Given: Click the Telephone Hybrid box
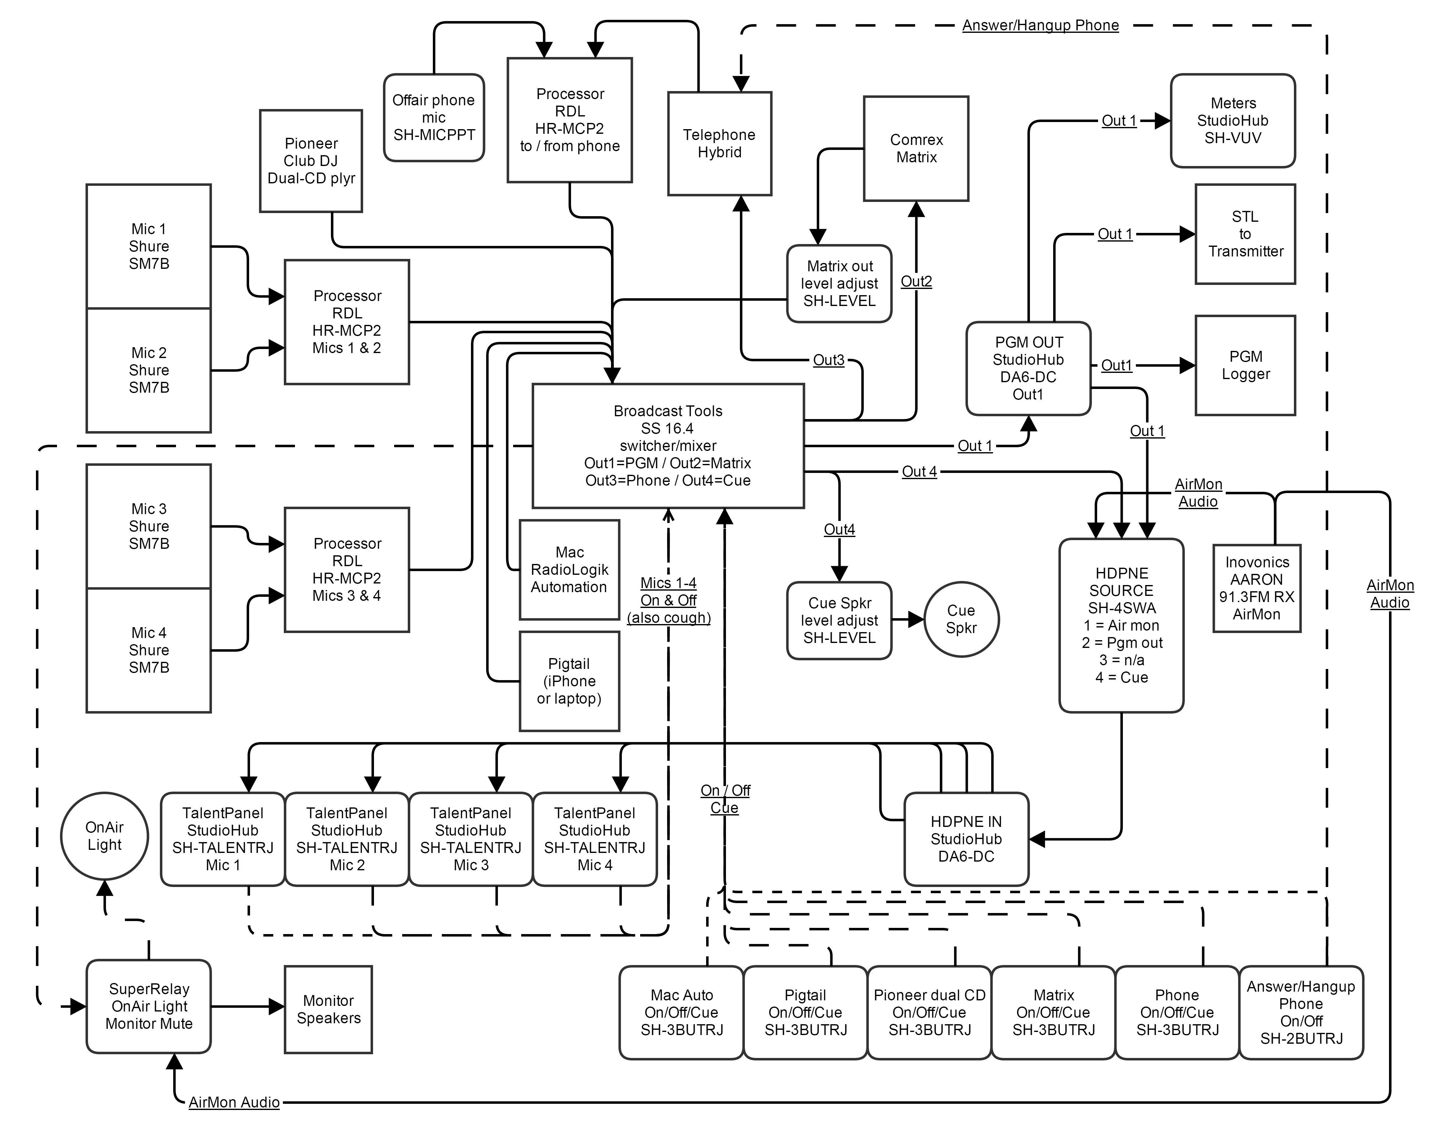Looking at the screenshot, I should [x=719, y=144].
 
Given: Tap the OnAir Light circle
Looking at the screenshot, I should [x=104, y=836].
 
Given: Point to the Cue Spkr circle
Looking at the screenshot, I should [x=961, y=619].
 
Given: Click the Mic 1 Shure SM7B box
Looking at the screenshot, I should [x=148, y=246].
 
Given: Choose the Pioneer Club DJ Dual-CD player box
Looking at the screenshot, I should [x=311, y=161].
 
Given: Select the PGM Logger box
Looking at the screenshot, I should [x=1245, y=365].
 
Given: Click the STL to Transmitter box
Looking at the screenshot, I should [x=1245, y=234].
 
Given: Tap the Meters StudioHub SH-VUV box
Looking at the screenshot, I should [x=1232, y=120].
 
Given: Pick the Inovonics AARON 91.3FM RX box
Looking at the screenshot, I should [x=1256, y=588].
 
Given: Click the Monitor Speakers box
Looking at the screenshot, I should [x=328, y=1009].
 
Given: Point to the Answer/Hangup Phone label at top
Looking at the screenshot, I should [x=1040, y=25].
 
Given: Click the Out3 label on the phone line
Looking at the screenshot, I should [x=829, y=360].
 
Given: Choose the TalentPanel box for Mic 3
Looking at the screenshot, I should [x=470, y=839].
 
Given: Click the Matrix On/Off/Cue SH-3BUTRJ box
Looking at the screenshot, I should [x=1053, y=1012].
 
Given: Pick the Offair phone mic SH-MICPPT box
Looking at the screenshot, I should [x=433, y=118].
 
